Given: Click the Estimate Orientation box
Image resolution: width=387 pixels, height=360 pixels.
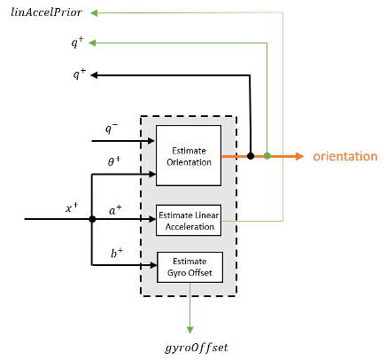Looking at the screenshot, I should click(x=188, y=155).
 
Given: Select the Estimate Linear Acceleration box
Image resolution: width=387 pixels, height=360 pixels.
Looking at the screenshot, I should click(x=188, y=220).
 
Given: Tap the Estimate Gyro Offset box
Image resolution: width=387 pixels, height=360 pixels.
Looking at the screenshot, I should click(x=189, y=266).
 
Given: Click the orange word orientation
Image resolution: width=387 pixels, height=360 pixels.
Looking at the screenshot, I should click(x=344, y=157).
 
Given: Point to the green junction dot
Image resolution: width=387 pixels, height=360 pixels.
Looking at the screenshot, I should click(x=267, y=156).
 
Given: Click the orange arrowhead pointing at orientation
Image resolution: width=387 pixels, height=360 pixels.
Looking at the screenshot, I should click(x=298, y=156).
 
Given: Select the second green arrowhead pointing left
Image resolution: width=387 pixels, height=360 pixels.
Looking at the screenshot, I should click(x=93, y=42).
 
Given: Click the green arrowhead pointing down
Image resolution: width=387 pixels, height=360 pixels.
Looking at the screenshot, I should click(x=190, y=330).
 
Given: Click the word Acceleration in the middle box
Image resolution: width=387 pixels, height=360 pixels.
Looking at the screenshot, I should click(x=189, y=226).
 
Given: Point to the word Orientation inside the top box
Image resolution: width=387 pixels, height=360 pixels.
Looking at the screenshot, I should click(x=189, y=162).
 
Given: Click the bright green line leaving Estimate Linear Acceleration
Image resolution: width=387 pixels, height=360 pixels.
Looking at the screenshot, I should click(x=261, y=220).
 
